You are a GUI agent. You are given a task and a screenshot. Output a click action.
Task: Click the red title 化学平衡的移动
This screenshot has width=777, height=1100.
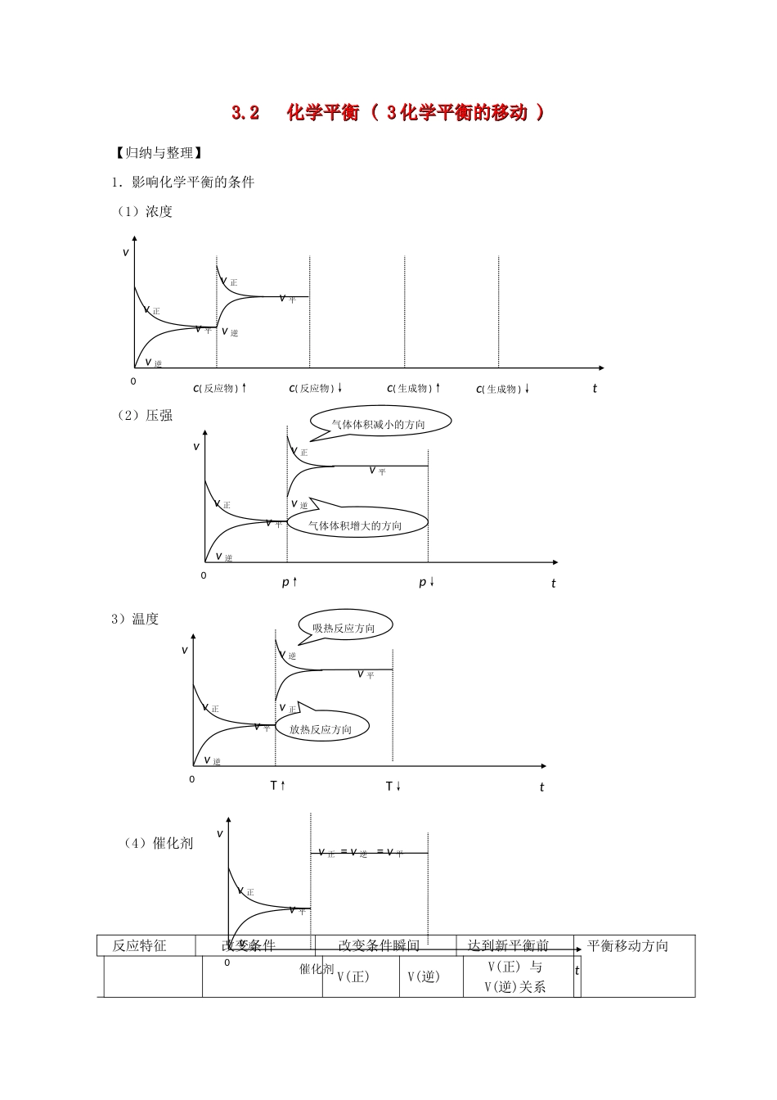[388, 113]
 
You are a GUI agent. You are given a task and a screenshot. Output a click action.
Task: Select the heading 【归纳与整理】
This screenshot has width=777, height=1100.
[155, 153]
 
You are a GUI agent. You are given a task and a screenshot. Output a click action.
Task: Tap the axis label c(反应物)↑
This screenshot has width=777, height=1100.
[219, 389]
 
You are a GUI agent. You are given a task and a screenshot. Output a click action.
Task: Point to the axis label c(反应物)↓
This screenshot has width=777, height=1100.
[316, 389]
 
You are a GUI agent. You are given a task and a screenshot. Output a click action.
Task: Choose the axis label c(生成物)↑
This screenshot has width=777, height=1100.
[414, 389]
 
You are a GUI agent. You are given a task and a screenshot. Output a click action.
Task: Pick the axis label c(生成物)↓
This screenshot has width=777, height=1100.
[503, 390]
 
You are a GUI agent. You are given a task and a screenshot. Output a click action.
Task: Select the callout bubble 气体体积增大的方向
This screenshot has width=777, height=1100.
[356, 525]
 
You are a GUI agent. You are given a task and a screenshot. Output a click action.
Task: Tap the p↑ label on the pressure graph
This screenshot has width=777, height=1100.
[290, 582]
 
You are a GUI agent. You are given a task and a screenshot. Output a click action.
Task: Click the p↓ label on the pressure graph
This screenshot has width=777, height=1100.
[427, 582]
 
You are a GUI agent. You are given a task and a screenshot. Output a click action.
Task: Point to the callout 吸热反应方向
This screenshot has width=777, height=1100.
[344, 628]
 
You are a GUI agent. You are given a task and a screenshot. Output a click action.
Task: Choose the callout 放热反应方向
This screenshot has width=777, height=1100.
[321, 728]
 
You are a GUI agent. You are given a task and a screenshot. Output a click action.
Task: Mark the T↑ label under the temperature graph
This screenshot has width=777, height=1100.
[278, 786]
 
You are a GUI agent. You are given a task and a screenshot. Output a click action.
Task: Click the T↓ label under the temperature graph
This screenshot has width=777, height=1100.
[393, 786]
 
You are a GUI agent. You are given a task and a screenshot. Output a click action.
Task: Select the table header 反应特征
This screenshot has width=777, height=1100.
[140, 946]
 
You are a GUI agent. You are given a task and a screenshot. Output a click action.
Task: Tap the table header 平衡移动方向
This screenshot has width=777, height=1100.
[628, 946]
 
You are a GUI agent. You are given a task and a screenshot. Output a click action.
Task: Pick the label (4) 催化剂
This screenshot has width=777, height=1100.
[159, 843]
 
